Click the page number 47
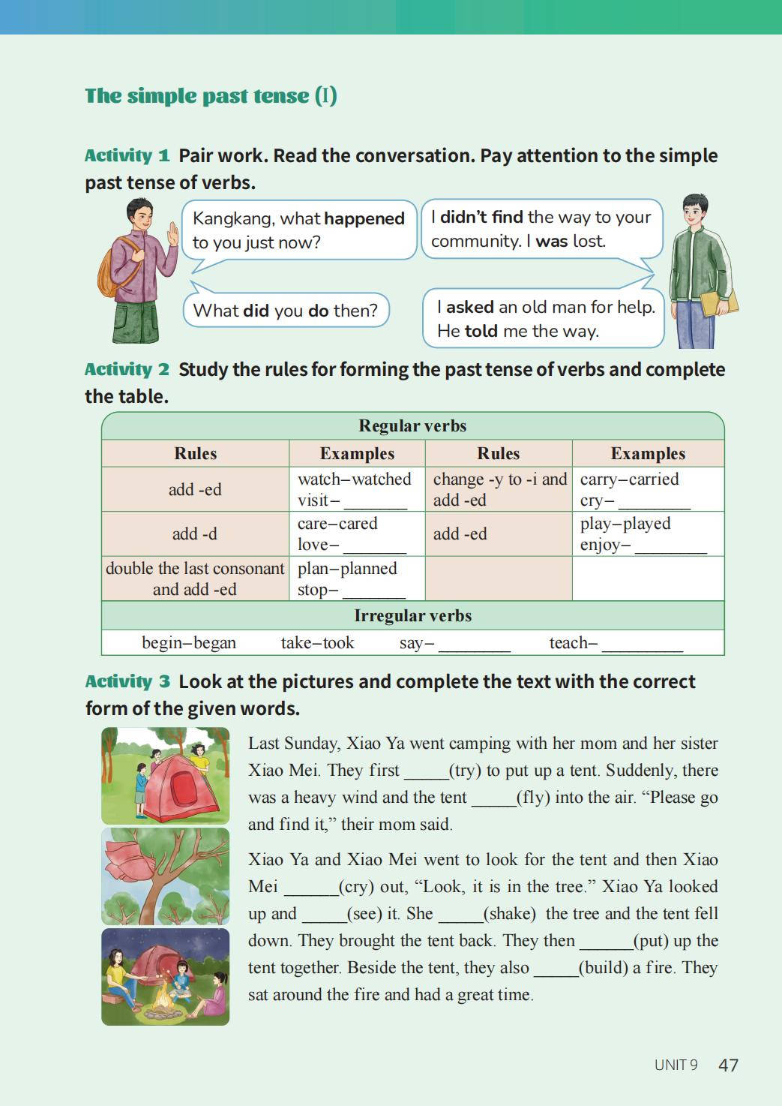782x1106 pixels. pos(728,1065)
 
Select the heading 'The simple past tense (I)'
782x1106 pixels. pos(211,96)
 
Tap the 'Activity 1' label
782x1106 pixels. pos(127,155)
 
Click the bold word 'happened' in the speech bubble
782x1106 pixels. pos(364,218)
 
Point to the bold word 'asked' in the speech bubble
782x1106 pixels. pos(469,307)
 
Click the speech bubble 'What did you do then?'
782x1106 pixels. pos(286,311)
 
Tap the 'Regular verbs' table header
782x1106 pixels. pos(412,426)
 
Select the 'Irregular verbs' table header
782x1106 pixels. pos(412,616)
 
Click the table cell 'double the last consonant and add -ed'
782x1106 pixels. pos(195,579)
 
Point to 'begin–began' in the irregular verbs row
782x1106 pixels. pos(189,643)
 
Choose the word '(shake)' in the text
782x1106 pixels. pos(510,914)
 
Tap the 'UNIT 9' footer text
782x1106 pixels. pos(676,1065)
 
